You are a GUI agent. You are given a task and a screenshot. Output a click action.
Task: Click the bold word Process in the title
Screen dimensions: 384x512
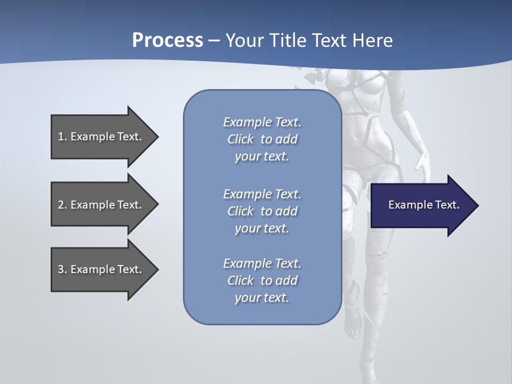pos(167,41)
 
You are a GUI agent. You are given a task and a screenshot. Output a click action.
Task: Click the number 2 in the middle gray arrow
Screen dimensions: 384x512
pos(61,205)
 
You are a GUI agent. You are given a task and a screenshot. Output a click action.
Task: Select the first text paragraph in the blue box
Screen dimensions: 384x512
pos(262,139)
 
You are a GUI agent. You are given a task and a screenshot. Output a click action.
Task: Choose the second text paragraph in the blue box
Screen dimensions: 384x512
pos(262,211)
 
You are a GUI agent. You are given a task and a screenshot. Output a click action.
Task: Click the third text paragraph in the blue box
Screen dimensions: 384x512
pos(262,281)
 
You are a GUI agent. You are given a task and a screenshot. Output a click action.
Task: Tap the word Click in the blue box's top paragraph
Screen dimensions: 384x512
pos(241,139)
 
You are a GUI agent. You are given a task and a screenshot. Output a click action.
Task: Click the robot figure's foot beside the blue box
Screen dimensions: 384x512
pos(352,328)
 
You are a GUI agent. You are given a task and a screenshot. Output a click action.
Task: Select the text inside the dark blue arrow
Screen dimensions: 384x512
pos(424,205)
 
